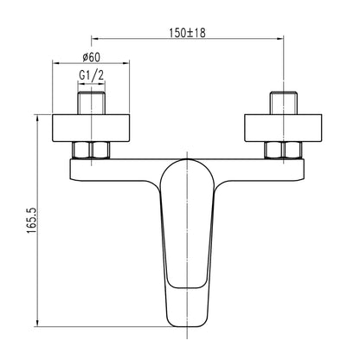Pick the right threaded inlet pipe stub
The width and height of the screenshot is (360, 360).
point(286,101)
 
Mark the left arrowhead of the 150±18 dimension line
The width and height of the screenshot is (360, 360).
point(95,39)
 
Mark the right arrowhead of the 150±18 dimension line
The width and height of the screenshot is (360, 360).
point(283,39)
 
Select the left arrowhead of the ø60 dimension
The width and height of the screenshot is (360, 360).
point(56,64)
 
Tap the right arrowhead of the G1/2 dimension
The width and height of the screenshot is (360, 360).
point(106,84)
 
